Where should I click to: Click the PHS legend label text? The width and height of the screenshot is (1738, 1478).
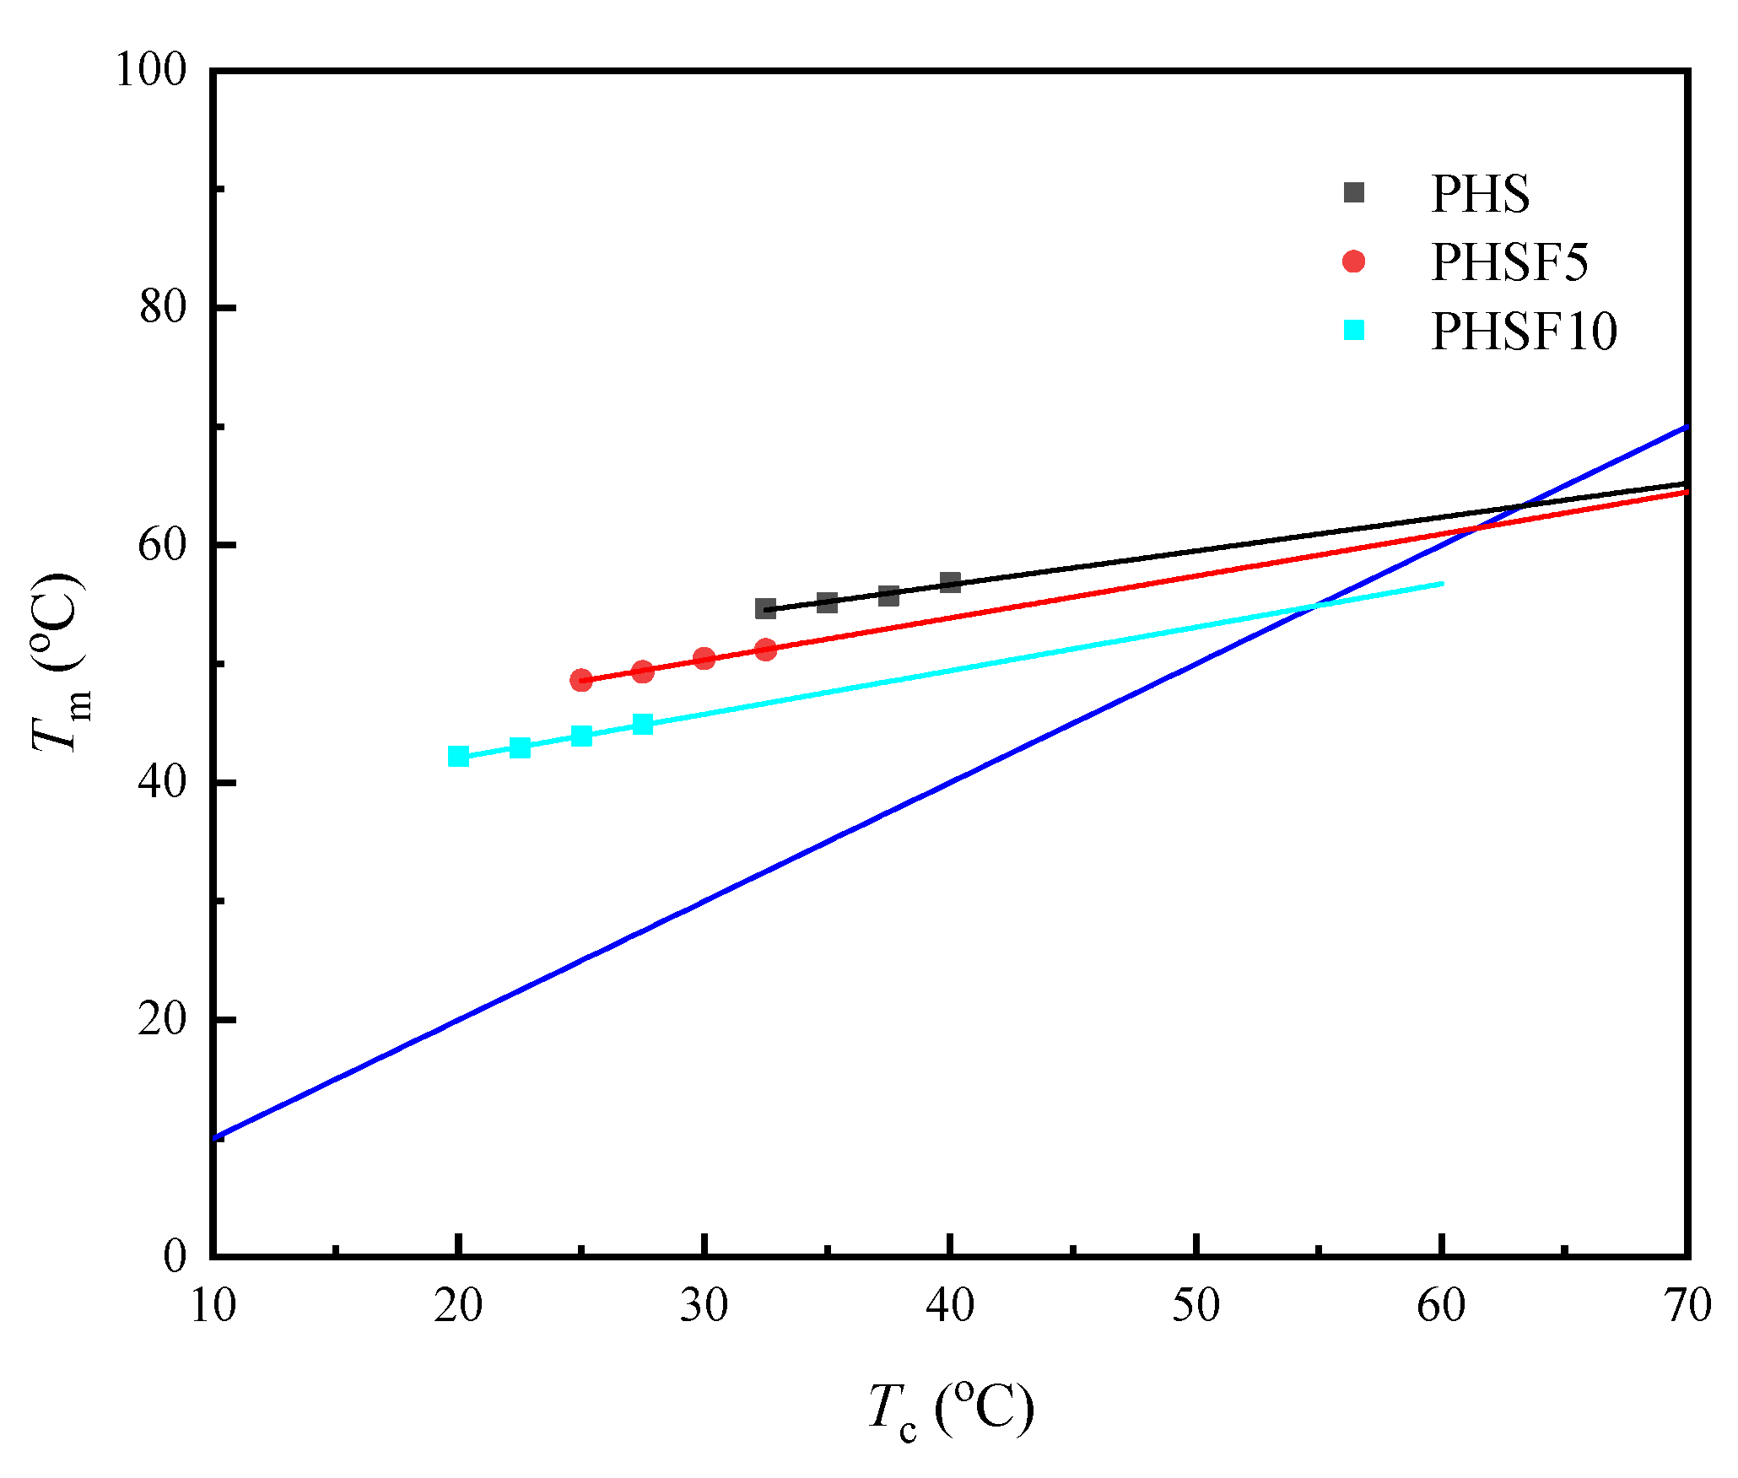pyautogui.click(x=1480, y=194)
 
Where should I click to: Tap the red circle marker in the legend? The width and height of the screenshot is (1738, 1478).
pyautogui.click(x=1353, y=262)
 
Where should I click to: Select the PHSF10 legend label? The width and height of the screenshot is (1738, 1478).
pyautogui.click(x=1524, y=331)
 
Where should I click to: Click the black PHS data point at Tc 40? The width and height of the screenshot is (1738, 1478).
pyautogui.click(x=950, y=582)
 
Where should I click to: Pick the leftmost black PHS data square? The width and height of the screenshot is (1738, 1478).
pyautogui.click(x=765, y=608)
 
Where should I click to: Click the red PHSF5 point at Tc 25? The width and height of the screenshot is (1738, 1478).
pyautogui.click(x=581, y=680)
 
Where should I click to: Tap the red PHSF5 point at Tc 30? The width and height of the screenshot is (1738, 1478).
pyautogui.click(x=704, y=658)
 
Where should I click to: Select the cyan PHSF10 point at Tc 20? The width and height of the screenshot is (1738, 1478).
pyautogui.click(x=458, y=756)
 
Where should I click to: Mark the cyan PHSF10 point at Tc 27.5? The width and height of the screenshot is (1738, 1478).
pyautogui.click(x=643, y=724)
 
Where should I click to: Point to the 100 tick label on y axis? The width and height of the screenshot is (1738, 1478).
pyautogui.click(x=150, y=70)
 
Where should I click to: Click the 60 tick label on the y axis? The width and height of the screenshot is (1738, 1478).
pyautogui.click(x=162, y=545)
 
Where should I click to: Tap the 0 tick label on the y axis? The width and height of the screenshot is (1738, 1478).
pyautogui.click(x=175, y=1256)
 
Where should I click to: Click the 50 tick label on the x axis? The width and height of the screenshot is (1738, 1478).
pyautogui.click(x=1196, y=1306)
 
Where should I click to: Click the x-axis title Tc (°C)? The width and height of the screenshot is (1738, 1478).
pyautogui.click(x=950, y=1409)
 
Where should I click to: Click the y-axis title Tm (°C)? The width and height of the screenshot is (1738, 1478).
pyautogui.click(x=59, y=662)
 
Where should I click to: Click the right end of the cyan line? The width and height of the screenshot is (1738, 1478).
pyautogui.click(x=1442, y=584)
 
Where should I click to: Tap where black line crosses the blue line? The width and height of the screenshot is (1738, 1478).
pyautogui.click(x=1523, y=507)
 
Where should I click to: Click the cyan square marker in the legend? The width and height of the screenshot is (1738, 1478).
pyautogui.click(x=1353, y=330)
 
